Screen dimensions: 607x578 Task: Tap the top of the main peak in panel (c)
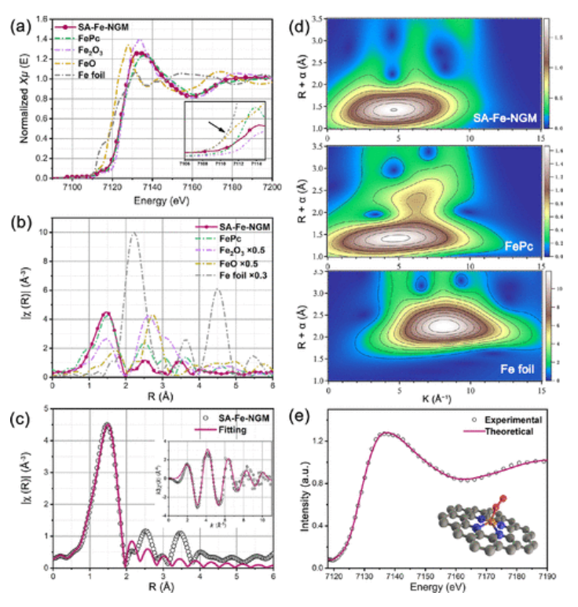(x=108, y=425)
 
